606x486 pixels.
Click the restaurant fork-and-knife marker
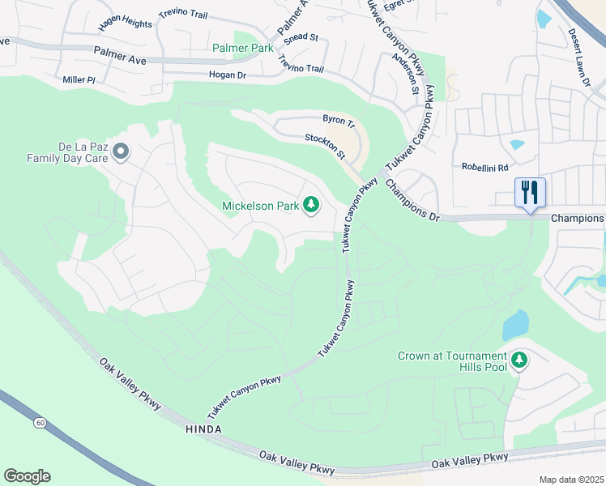pos(530,193)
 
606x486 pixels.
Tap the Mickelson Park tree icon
pos(310,205)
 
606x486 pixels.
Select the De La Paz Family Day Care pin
pos(121,151)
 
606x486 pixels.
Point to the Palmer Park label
pos(243,48)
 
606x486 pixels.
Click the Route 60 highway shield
pos(39,423)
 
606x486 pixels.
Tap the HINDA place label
pos(203,428)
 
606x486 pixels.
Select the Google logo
pos(27,476)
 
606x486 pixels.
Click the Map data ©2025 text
pos(570,480)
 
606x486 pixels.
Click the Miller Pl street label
pos(79,80)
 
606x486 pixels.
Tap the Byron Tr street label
pos(339,121)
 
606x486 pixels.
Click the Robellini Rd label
pos(484,168)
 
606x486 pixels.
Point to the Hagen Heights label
pos(125,23)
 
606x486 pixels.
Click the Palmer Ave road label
pos(119,55)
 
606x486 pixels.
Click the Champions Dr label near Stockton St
pos(412,200)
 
